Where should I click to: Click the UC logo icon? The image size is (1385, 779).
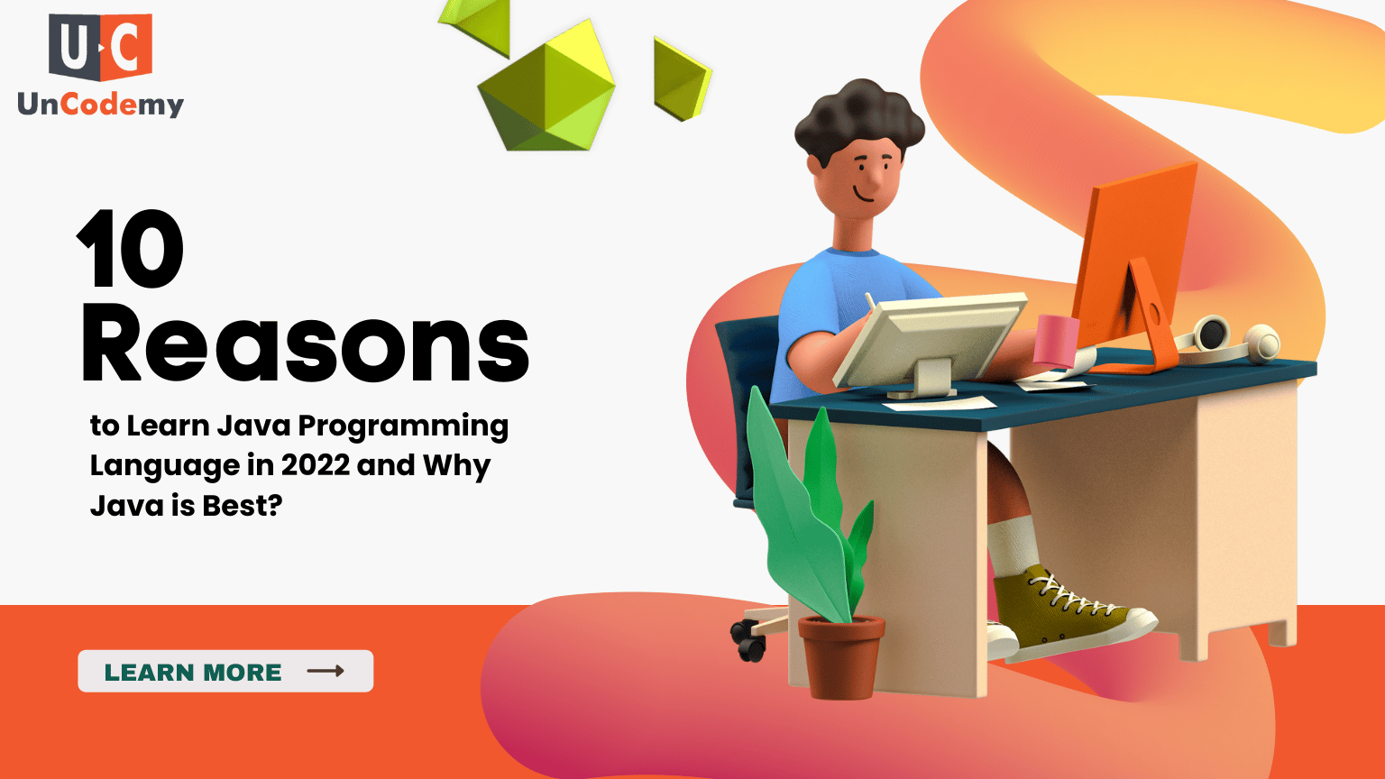click(x=100, y=47)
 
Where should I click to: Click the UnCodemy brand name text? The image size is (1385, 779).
click(x=101, y=105)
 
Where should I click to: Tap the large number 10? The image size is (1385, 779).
click(x=131, y=248)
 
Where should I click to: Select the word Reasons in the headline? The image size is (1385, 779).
click(x=305, y=344)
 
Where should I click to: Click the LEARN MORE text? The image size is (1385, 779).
click(x=193, y=672)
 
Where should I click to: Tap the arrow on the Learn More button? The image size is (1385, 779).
click(x=326, y=671)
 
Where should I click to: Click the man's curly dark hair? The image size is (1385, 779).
click(x=858, y=117)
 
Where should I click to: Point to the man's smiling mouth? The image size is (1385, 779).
click(x=863, y=195)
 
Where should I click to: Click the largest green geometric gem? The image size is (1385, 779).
click(x=546, y=89)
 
